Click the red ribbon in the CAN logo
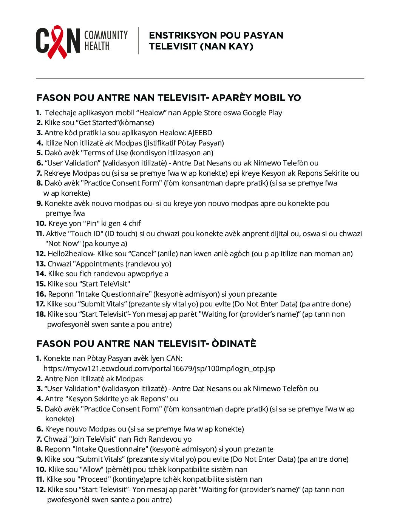coord(57,42)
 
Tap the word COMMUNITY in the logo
coord(106,35)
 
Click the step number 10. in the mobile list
coord(41,223)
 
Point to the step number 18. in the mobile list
coord(41,314)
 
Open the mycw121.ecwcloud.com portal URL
coord(159,368)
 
